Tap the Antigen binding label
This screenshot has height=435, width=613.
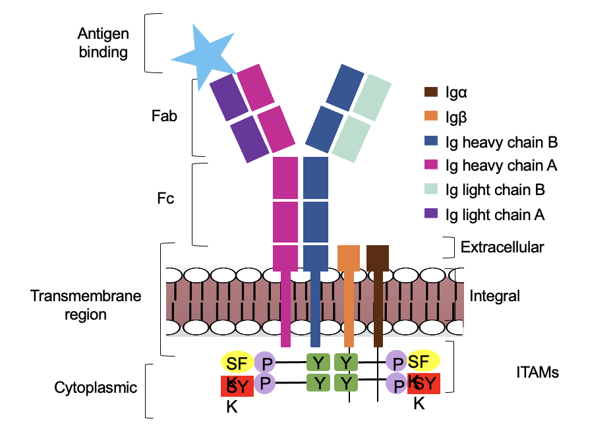pyautogui.click(x=103, y=43)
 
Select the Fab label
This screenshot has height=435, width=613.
pyautogui.click(x=164, y=115)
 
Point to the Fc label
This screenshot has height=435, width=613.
pyautogui.click(x=166, y=197)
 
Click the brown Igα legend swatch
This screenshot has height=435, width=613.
pyautogui.click(x=431, y=92)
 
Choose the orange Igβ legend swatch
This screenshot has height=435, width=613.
pyautogui.click(x=431, y=116)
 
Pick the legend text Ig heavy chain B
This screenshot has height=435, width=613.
pyautogui.click(x=502, y=141)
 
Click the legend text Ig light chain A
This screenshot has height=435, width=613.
pyautogui.click(x=495, y=214)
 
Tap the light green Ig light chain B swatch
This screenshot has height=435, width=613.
pyautogui.click(x=431, y=190)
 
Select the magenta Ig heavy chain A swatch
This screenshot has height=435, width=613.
pyautogui.click(x=431, y=165)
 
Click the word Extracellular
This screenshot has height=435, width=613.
pyautogui.click(x=502, y=247)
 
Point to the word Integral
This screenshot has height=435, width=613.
pyautogui.click(x=495, y=296)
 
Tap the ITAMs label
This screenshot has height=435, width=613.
pyautogui.click(x=537, y=372)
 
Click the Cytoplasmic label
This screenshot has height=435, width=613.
pyautogui.click(x=96, y=387)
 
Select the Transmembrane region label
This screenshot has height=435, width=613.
pyautogui.click(x=86, y=304)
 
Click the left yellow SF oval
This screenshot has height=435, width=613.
pyautogui.click(x=236, y=362)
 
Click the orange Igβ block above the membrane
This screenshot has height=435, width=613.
pyautogui.click(x=348, y=257)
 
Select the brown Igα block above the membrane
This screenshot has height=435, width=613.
pyautogui.click(x=378, y=257)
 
